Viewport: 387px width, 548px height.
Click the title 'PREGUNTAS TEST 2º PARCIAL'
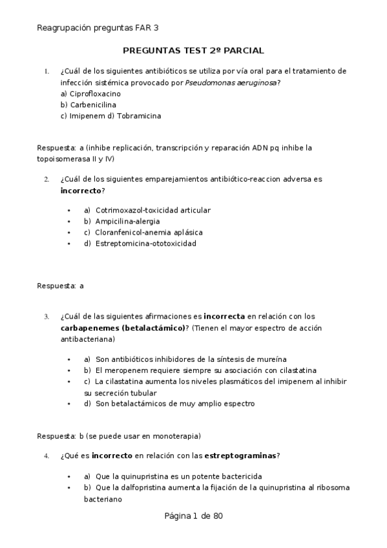[193, 50]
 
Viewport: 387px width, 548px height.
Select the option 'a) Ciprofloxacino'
[90, 94]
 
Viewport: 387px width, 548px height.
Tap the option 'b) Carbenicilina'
[87, 105]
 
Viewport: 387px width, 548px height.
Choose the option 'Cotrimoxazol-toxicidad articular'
[153, 210]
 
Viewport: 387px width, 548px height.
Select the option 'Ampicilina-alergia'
[127, 221]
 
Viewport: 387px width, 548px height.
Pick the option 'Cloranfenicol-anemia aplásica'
[149, 232]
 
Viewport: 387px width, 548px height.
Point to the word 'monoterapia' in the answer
[176, 435]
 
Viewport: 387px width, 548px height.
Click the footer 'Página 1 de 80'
[194, 516]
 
